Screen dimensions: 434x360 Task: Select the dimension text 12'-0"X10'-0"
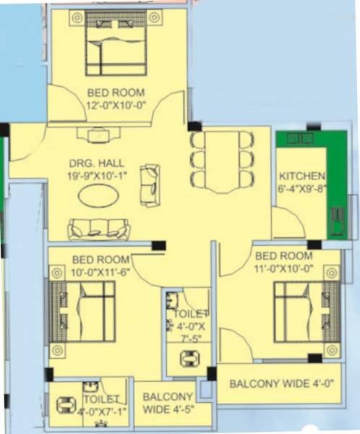[x=116, y=106]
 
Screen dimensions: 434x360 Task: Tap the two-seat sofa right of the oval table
[x=150, y=183]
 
